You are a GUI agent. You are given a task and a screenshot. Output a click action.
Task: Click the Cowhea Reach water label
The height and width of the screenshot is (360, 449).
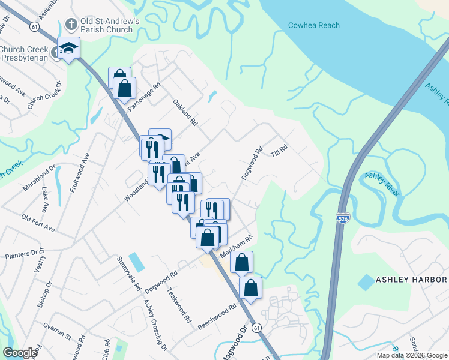tap(313, 25)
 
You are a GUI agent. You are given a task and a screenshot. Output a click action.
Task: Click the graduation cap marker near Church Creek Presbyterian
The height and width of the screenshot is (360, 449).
tap(68, 48)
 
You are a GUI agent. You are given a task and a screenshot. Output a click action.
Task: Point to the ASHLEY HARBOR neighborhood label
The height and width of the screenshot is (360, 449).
tap(411, 280)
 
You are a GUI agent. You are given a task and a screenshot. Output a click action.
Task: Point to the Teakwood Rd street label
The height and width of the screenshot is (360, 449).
tap(179, 305)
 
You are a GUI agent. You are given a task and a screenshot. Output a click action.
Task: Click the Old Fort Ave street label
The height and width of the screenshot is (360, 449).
tap(37, 223)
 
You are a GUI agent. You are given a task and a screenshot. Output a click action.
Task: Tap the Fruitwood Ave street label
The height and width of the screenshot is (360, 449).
tap(79, 172)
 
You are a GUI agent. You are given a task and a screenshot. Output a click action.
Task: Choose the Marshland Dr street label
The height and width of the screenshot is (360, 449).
tap(39, 178)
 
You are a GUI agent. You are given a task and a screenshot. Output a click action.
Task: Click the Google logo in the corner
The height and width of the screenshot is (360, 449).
tap(20, 353)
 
